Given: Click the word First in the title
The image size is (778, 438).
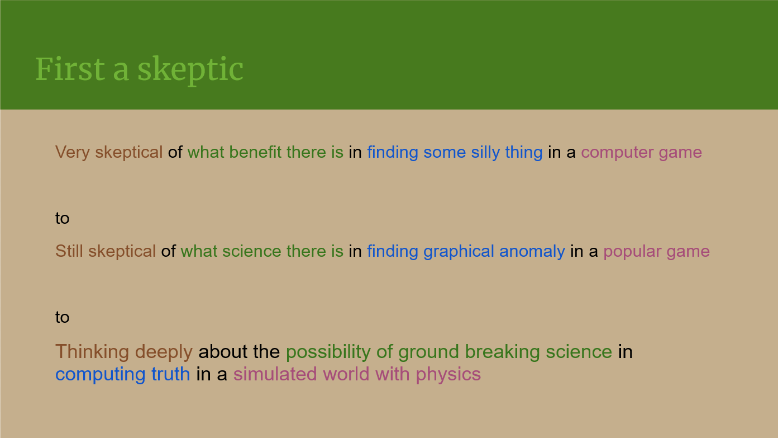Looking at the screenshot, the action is click(x=70, y=69).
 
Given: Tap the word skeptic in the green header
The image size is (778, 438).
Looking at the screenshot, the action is click(x=190, y=71).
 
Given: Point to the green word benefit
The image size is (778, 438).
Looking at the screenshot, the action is click(x=255, y=152).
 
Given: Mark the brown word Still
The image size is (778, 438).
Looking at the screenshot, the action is click(x=69, y=251).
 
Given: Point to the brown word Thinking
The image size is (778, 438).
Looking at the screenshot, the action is click(x=92, y=352).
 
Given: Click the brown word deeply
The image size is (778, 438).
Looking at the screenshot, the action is click(x=164, y=352).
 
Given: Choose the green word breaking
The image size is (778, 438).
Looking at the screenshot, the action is click(x=502, y=352).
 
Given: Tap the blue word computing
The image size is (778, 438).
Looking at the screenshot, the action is click(x=100, y=375).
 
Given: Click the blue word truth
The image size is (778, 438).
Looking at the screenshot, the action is click(x=170, y=374).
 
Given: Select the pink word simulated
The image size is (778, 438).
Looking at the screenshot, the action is click(x=275, y=374).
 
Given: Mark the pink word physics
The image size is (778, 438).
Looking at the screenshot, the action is click(x=448, y=375).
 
